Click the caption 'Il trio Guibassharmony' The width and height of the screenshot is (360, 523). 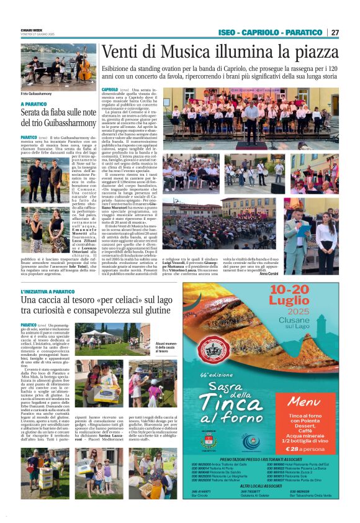(x=36, y=93)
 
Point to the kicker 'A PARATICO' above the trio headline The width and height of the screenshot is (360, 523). (x=34, y=104)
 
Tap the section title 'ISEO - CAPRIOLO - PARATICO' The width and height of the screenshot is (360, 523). (x=271, y=32)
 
